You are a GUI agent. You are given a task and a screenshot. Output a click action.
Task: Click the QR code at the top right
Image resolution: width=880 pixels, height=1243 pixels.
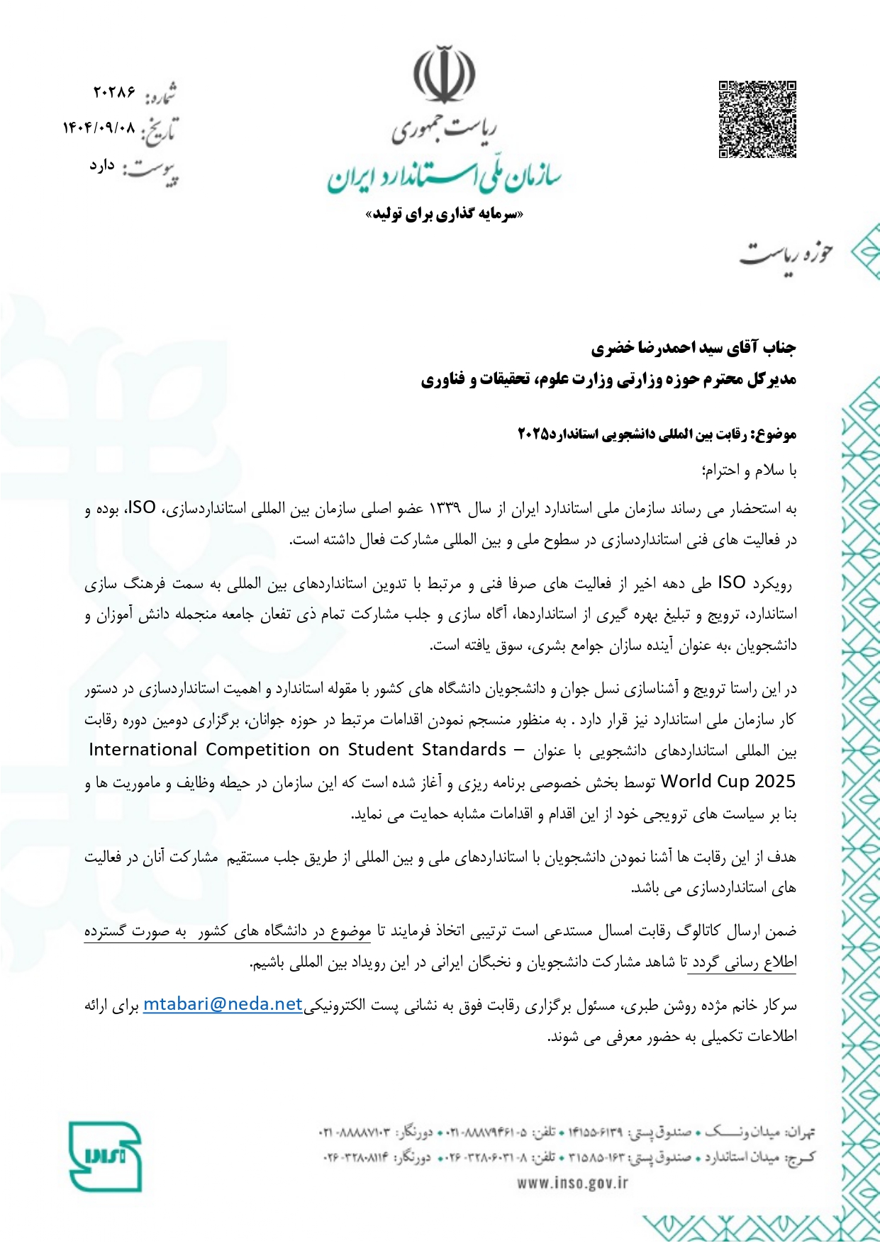[x=757, y=120]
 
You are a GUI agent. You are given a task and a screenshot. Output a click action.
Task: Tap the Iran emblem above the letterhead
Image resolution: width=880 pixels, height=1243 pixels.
[x=445, y=74]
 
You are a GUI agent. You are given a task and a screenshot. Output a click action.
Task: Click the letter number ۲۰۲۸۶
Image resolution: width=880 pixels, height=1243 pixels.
[x=114, y=92]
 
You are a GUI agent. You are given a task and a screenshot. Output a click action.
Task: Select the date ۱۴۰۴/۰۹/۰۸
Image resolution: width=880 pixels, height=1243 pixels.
[x=99, y=128]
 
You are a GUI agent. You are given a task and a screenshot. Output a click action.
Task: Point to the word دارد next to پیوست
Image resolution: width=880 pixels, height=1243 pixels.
[x=102, y=165]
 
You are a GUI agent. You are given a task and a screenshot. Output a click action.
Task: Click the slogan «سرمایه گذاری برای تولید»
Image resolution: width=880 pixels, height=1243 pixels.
[x=445, y=214]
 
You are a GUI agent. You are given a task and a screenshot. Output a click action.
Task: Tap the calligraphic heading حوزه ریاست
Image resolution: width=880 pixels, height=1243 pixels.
[x=786, y=254]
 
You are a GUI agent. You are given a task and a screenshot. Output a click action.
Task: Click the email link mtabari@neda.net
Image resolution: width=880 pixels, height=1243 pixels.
[x=223, y=1004]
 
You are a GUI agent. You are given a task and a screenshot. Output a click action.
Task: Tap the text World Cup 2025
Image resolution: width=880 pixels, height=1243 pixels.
[x=728, y=782]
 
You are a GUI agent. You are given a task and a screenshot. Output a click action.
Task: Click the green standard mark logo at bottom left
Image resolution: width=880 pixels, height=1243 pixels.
[x=105, y=1156]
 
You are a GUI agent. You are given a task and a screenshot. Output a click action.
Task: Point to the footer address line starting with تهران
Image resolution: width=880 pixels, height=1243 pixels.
[x=567, y=1132]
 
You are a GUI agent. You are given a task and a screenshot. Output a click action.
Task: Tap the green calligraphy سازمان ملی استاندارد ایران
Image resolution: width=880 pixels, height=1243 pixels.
[x=445, y=177]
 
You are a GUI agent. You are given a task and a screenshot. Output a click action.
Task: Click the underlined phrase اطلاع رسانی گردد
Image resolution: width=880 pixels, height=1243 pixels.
[x=743, y=962]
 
